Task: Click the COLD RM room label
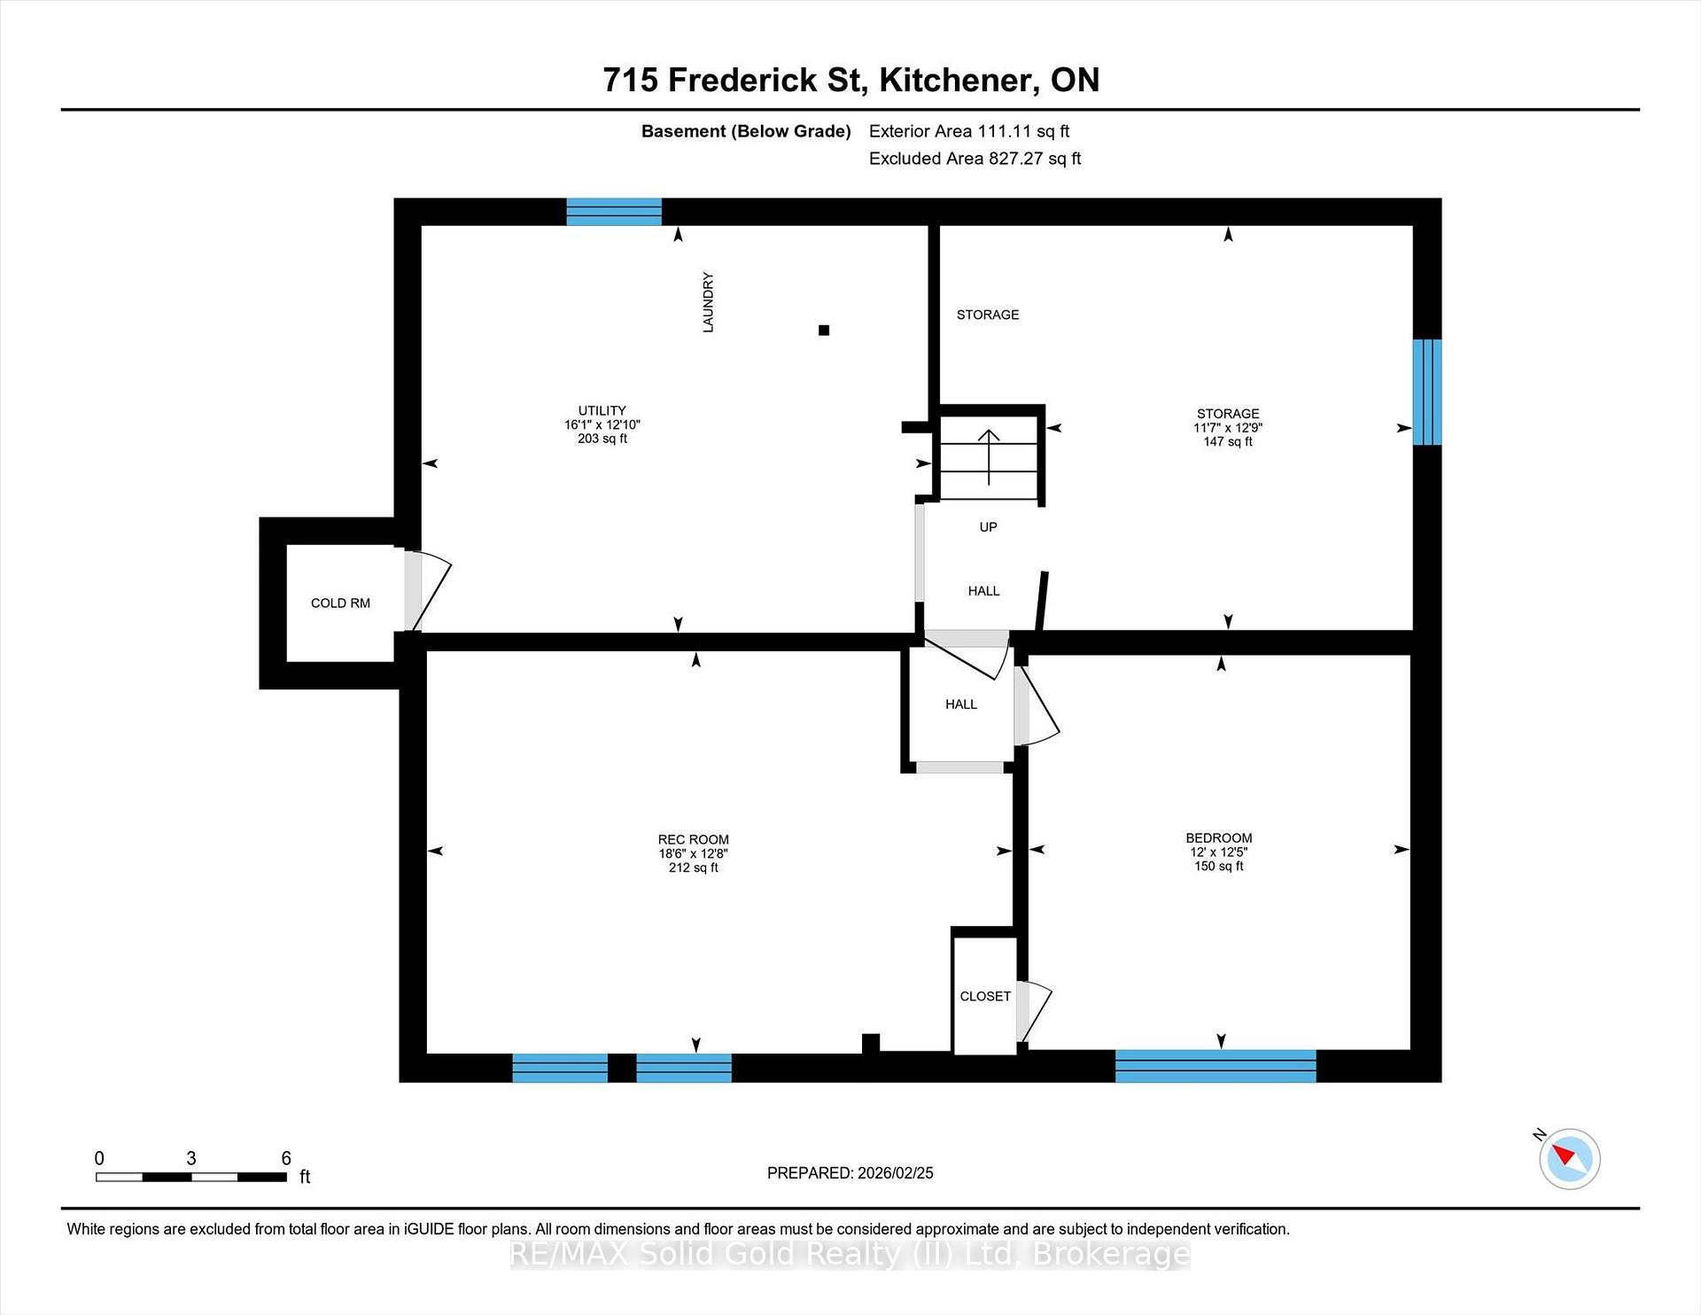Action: (x=340, y=603)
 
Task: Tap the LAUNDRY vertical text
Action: (x=708, y=302)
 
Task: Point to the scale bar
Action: (x=191, y=1177)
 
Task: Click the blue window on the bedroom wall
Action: (x=1216, y=1066)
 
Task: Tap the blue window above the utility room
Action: (x=614, y=212)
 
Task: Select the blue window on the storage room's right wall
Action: (x=1427, y=392)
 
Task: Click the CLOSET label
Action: (x=985, y=996)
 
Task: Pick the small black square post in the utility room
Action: (x=824, y=331)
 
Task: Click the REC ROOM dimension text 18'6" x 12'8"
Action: (x=693, y=853)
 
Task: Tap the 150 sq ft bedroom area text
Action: (x=1219, y=866)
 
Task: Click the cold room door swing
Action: (x=429, y=590)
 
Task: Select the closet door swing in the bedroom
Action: (x=1034, y=1011)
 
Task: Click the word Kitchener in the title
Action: (x=959, y=80)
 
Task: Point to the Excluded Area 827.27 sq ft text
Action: (x=975, y=159)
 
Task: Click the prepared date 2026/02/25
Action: (x=896, y=1172)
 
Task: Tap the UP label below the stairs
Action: (x=988, y=527)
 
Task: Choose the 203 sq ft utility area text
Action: (x=602, y=439)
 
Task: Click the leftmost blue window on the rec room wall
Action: (x=560, y=1068)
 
